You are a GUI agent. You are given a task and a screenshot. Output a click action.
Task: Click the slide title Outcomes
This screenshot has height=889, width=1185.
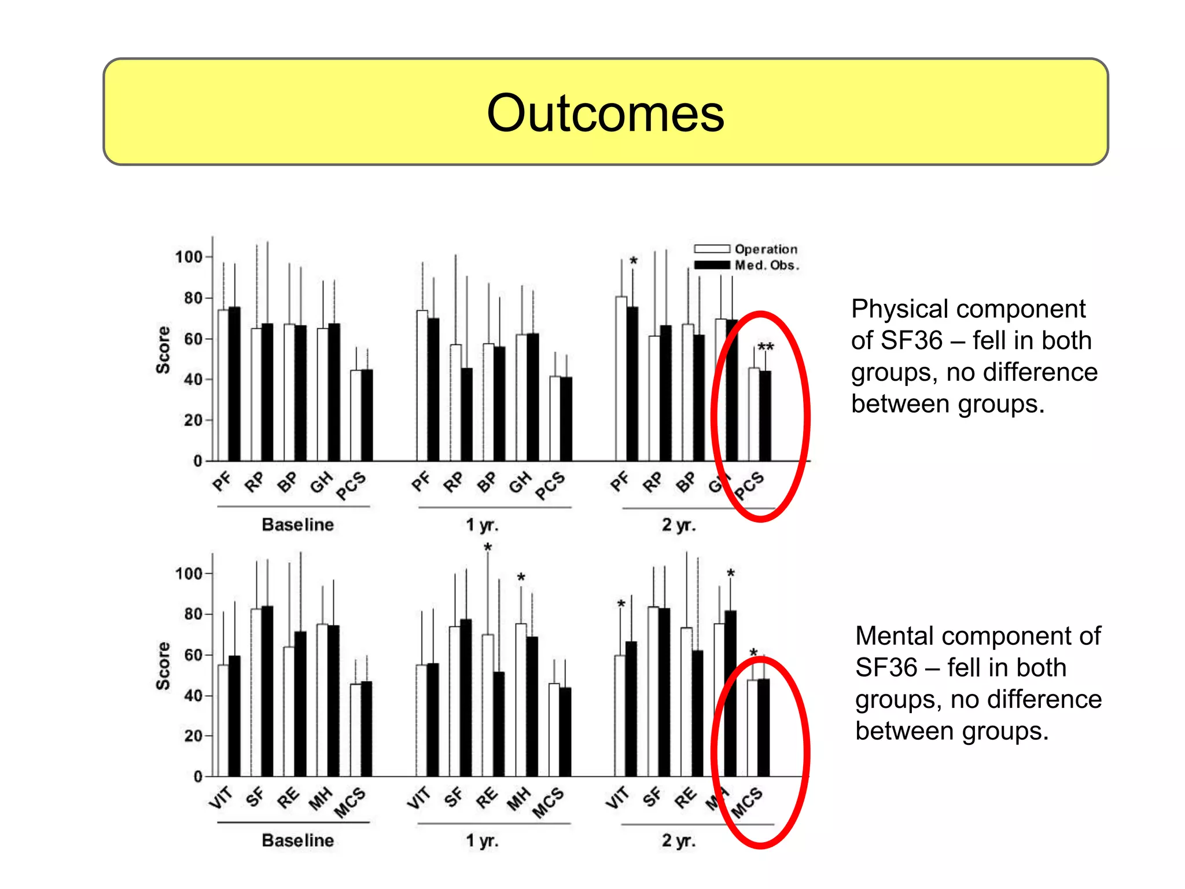tap(605, 112)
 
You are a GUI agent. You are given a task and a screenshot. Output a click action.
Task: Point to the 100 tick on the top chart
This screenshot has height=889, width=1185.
tap(189, 256)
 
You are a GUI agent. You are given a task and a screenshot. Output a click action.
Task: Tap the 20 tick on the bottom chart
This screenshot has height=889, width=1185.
tap(193, 736)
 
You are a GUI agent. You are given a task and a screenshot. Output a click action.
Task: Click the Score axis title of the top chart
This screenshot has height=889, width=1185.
tap(163, 350)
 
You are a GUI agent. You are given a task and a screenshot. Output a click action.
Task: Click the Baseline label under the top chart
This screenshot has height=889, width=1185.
tap(297, 524)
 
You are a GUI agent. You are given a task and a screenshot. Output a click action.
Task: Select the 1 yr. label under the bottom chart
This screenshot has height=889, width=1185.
tap(482, 840)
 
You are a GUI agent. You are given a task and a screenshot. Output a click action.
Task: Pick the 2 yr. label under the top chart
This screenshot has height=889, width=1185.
tap(678, 525)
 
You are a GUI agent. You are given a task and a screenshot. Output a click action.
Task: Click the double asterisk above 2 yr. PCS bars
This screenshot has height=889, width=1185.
tap(766, 347)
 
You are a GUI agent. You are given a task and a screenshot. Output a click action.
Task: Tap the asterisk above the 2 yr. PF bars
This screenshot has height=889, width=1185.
tap(634, 261)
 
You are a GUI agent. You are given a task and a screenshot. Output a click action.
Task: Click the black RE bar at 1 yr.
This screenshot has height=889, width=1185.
tap(499, 723)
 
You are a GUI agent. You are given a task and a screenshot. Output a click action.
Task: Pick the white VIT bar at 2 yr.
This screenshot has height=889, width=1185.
tap(620, 715)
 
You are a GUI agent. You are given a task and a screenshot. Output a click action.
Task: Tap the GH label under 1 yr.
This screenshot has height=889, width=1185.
tap(520, 482)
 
